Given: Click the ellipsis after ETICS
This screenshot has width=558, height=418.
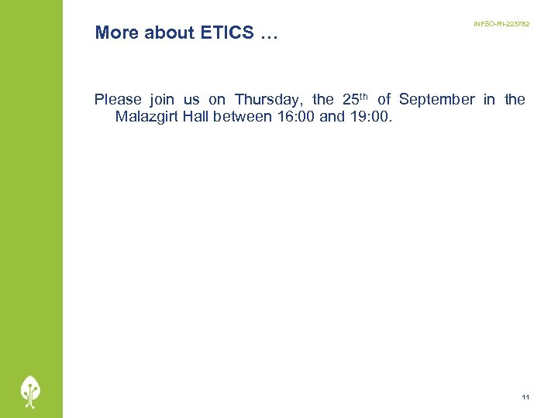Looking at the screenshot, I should point(268,34).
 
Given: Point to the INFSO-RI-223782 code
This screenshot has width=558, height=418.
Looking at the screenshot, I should point(501,25).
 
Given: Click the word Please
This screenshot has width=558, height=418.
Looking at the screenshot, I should point(118,99).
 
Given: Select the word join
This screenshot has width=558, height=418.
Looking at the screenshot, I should point(162,99).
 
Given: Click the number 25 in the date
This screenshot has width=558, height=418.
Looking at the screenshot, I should point(350,99).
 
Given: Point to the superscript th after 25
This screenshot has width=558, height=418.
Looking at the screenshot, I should point(364,96).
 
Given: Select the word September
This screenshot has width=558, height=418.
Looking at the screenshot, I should point(436,99).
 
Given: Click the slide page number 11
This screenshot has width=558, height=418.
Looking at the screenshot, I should point(525,397).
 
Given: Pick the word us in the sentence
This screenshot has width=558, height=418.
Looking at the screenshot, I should point(191,100).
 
